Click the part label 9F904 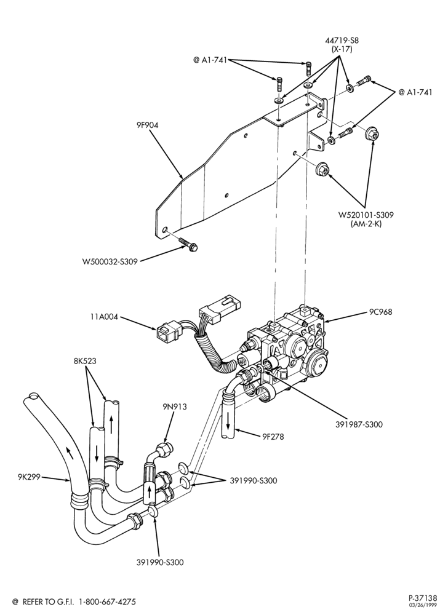[147, 125]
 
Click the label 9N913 [175, 407]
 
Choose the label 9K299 [29, 477]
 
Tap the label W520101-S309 [366, 215]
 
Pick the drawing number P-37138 [422, 598]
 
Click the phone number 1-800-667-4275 [108, 601]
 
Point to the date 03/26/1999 [426, 606]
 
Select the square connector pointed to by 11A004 [167, 331]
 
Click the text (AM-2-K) [366, 224]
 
